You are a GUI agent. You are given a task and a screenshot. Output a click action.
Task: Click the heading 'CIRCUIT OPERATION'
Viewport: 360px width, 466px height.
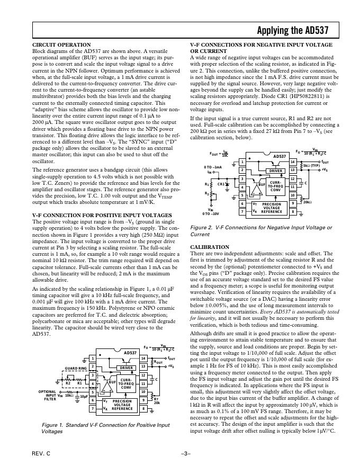coord(61,44)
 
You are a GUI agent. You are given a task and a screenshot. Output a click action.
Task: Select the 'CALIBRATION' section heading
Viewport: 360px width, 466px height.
coord(210,247)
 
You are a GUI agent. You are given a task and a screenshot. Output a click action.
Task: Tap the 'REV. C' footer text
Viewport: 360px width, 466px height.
coord(41,454)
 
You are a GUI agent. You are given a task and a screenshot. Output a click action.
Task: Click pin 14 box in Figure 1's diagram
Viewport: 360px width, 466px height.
coord(143,359)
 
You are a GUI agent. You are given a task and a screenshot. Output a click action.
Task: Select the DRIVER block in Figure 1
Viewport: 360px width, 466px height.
coord(127,366)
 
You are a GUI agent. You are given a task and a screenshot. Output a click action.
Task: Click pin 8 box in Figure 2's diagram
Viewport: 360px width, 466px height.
coord(292,212)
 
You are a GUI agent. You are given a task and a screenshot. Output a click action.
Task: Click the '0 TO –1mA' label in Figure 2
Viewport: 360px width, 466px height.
coord(213,167)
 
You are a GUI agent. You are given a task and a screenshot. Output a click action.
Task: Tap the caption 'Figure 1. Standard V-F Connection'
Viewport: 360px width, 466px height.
coord(105,428)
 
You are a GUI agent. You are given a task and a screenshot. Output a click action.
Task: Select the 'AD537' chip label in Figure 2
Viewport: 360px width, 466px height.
coord(279,156)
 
